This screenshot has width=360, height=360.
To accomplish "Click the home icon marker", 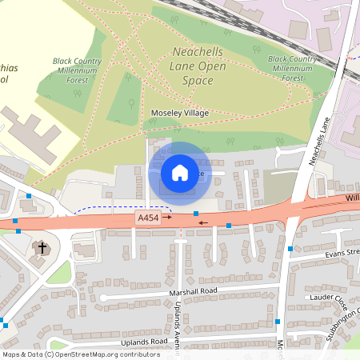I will pos(180,173).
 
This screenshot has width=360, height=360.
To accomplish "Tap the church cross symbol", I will pos(42,249).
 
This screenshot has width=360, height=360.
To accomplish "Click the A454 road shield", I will pos(148,217).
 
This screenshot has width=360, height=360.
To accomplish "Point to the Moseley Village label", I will pos(180,114).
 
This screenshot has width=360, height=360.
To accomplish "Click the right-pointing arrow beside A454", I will pos(169,217).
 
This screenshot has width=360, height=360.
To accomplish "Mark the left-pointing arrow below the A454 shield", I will pos(204,223).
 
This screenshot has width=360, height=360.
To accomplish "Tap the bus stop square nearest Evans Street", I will pos(290,249).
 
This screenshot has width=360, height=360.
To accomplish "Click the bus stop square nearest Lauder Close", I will pos(278,322).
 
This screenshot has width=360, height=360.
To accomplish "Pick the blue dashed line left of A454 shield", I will pos(104,209).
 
